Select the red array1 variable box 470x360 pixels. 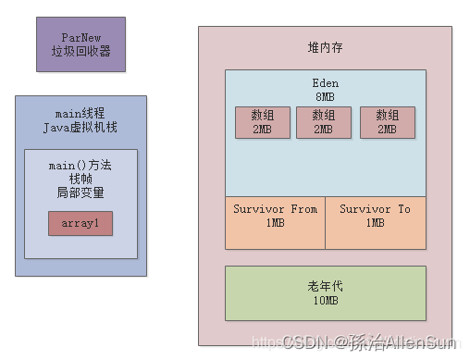[x=80, y=223]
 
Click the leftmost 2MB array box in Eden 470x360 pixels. [x=262, y=122]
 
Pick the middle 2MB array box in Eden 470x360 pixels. [x=324, y=122]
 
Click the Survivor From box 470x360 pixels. [x=275, y=223]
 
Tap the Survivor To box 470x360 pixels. [x=375, y=223]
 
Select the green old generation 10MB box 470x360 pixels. [x=325, y=292]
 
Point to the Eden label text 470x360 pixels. [x=325, y=83]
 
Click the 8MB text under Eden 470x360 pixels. [x=325, y=96]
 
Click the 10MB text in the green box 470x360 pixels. [x=325, y=301]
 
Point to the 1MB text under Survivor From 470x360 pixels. [x=275, y=223]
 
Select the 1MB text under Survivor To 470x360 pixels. [x=375, y=223]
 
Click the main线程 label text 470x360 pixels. [x=80, y=113]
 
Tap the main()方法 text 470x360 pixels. [x=80, y=165]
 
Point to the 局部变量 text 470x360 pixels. [x=80, y=192]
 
